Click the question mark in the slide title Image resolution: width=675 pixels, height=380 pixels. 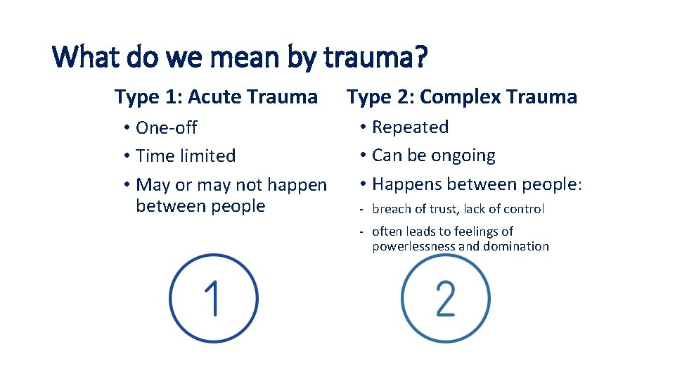(x=420, y=58)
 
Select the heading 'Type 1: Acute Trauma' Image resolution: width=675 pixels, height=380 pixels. (x=216, y=96)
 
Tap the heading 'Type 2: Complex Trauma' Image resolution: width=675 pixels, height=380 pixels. (x=462, y=96)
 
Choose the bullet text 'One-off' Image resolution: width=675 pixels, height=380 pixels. (x=166, y=128)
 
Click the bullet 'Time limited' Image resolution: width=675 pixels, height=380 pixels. (x=186, y=156)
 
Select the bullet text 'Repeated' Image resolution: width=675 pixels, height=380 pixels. (x=410, y=127)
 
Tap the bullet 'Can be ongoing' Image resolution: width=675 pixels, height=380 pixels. (x=433, y=156)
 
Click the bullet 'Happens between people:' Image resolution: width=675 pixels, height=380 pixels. (x=477, y=184)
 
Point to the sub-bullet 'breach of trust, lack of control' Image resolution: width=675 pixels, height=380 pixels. (x=458, y=209)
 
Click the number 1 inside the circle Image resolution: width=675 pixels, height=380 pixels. (x=212, y=298)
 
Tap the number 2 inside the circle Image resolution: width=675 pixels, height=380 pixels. (x=445, y=298)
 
